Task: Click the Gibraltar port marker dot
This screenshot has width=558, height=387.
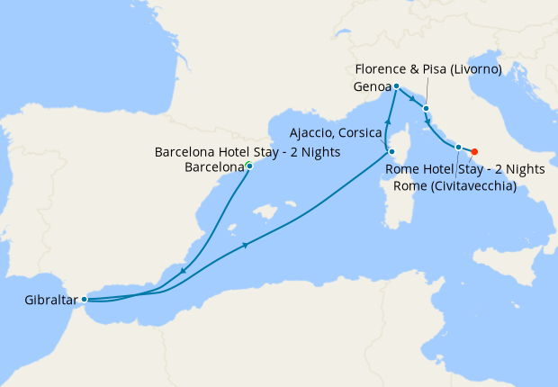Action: [84, 299]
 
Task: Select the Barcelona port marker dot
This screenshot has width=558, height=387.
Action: [249, 166]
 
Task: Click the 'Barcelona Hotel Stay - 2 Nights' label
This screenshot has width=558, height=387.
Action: [247, 152]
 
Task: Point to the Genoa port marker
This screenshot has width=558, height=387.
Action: [396, 86]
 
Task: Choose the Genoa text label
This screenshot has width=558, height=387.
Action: [372, 87]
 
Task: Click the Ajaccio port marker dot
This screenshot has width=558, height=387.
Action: [391, 139]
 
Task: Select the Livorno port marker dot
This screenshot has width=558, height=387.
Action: [426, 108]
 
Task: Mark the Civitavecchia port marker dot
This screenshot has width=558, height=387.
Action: [458, 147]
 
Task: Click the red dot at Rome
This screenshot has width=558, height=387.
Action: [474, 151]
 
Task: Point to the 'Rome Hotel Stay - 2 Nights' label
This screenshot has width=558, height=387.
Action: [465, 169]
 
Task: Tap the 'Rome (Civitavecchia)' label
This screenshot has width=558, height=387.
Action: [454, 186]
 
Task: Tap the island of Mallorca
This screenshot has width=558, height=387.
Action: [265, 213]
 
